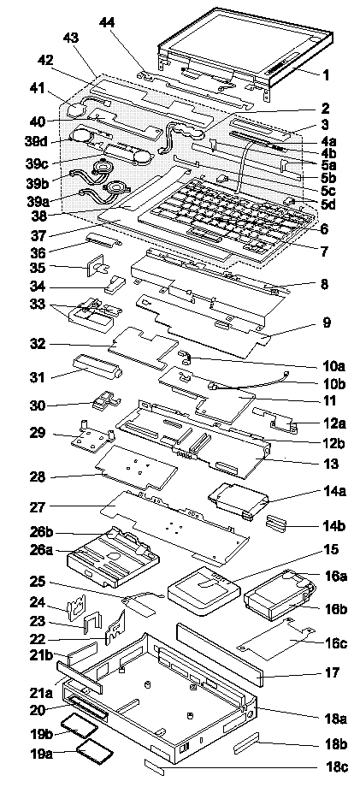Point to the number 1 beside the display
click(326, 75)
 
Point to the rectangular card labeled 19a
click(95, 751)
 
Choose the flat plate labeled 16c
click(274, 641)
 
